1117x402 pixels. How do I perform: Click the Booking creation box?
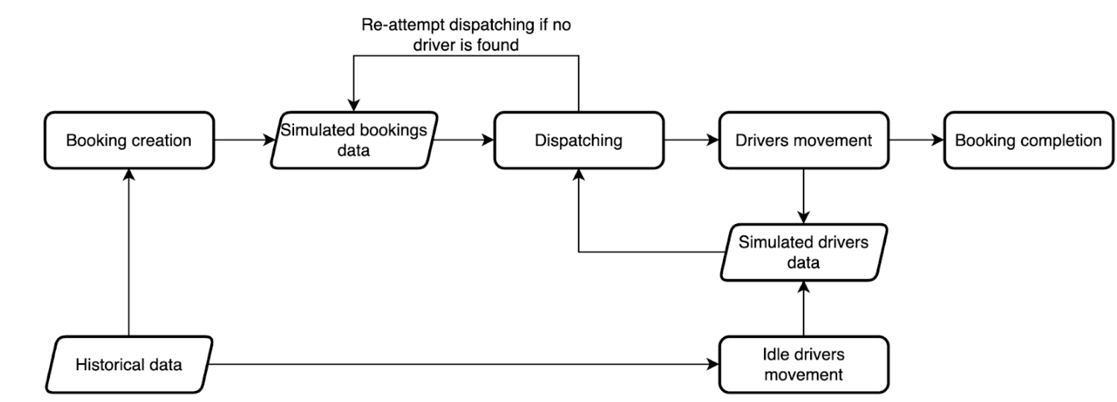point(129,140)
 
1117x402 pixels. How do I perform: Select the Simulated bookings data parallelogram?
point(354,140)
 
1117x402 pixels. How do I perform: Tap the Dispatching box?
point(579,140)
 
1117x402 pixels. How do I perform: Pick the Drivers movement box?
point(803,140)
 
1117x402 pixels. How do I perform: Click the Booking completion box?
point(1028,140)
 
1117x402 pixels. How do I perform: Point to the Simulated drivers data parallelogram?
point(803,252)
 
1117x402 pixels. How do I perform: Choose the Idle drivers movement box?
point(803,365)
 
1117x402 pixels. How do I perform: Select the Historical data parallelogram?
point(129,365)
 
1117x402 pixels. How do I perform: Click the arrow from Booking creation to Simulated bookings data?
point(245,140)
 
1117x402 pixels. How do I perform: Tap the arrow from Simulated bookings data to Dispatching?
point(463,140)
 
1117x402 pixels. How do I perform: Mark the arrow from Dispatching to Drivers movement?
point(692,140)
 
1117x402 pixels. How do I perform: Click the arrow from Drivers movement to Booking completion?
point(917,140)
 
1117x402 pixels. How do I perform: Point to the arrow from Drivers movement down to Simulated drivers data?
point(803,196)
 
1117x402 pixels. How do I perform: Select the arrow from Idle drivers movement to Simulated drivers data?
point(803,308)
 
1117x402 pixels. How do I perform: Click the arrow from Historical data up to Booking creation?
point(129,252)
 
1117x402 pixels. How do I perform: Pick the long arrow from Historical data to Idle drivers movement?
point(464,365)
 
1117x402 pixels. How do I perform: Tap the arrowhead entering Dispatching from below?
point(579,174)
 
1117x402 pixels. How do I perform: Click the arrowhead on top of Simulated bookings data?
point(354,105)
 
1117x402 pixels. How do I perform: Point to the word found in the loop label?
point(497,45)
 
